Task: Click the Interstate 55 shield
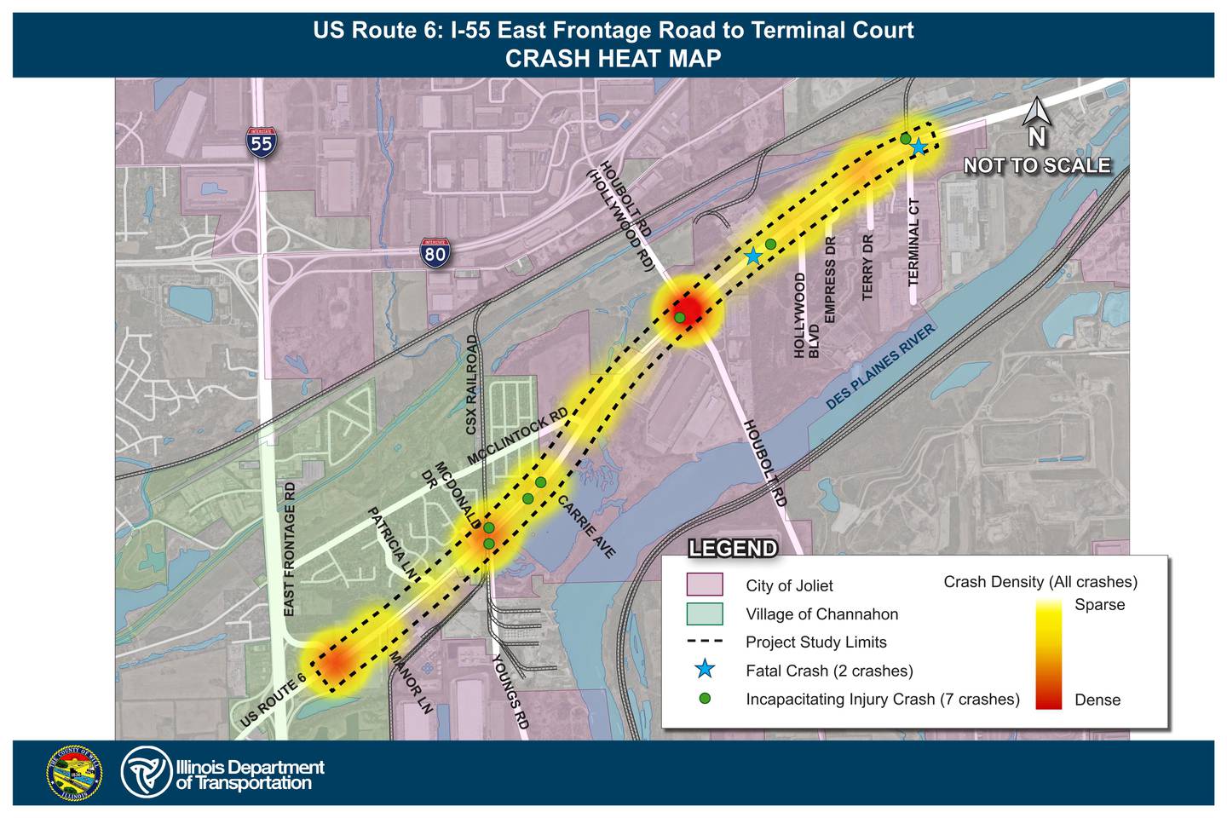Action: pos(261,143)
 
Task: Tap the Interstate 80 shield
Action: pos(435,253)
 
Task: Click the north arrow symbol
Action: pos(1035,113)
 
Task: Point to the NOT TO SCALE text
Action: pos(1037,165)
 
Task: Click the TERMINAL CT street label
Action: pos(913,242)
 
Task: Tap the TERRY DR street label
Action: pos(868,267)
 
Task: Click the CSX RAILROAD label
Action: pos(471,384)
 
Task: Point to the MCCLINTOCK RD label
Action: pos(517,437)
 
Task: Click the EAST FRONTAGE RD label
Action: pos(289,550)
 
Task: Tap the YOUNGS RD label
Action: pos(510,691)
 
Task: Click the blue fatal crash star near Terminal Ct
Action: pos(919,147)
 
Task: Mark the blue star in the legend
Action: pos(705,670)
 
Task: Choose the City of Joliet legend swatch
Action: pos(705,585)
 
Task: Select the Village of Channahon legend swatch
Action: pos(705,613)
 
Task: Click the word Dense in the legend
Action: pos(1097,700)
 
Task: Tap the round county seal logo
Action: pos(74,773)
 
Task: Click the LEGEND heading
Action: pos(733,549)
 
